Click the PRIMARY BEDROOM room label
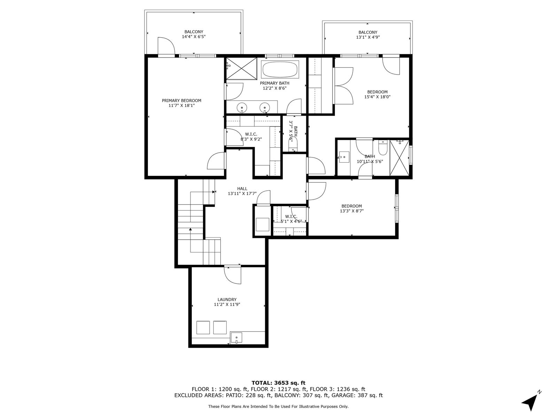pyautogui.click(x=181, y=101)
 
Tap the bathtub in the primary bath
pyautogui.click(x=280, y=69)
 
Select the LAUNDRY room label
pyautogui.click(x=227, y=300)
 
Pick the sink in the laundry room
pyautogui.click(x=236, y=338)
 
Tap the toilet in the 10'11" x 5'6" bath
pyautogui.click(x=382, y=148)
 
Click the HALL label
pyautogui.click(x=242, y=188)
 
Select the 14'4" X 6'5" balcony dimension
pyautogui.click(x=194, y=37)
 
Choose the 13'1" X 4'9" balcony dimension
pyautogui.click(x=368, y=37)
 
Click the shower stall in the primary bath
pyautogui.click(x=241, y=69)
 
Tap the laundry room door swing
pyautogui.click(x=233, y=274)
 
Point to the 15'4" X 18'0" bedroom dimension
pyautogui.click(x=377, y=97)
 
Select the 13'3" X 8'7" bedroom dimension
pyautogui.click(x=352, y=211)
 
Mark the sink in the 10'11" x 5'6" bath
pyautogui.click(x=344, y=157)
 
